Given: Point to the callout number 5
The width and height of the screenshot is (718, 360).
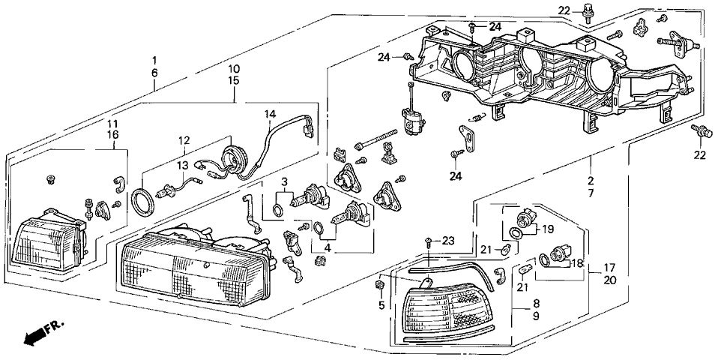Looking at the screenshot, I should (381, 305).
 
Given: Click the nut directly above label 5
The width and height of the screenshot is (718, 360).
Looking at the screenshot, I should (379, 285).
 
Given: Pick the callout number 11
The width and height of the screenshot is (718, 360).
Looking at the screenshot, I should (112, 123).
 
